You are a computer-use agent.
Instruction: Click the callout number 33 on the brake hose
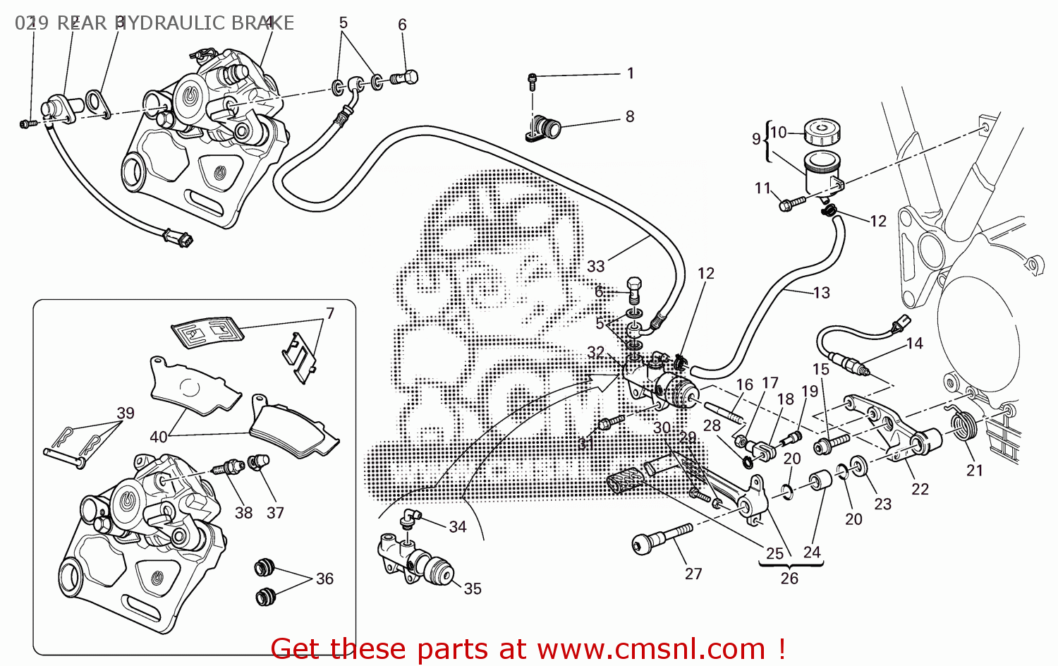coord(596,266)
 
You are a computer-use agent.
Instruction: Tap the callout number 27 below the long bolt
coord(693,574)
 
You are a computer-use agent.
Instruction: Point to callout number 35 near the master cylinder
coord(473,588)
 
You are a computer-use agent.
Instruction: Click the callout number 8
coord(630,116)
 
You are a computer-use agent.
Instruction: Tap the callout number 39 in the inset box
coord(126,413)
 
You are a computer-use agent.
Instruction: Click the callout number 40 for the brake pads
coord(159,437)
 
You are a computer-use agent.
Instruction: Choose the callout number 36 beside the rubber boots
coord(324,579)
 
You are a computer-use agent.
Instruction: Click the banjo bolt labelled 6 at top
coord(406,77)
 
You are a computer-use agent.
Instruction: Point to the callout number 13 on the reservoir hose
coord(822,292)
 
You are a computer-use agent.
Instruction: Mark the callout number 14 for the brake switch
coord(914,343)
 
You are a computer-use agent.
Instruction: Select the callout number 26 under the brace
coord(789,578)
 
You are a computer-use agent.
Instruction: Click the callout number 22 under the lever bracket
coord(920,489)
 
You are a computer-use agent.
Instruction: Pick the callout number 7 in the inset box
coord(329,313)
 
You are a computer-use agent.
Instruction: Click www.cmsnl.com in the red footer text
coord(651,648)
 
